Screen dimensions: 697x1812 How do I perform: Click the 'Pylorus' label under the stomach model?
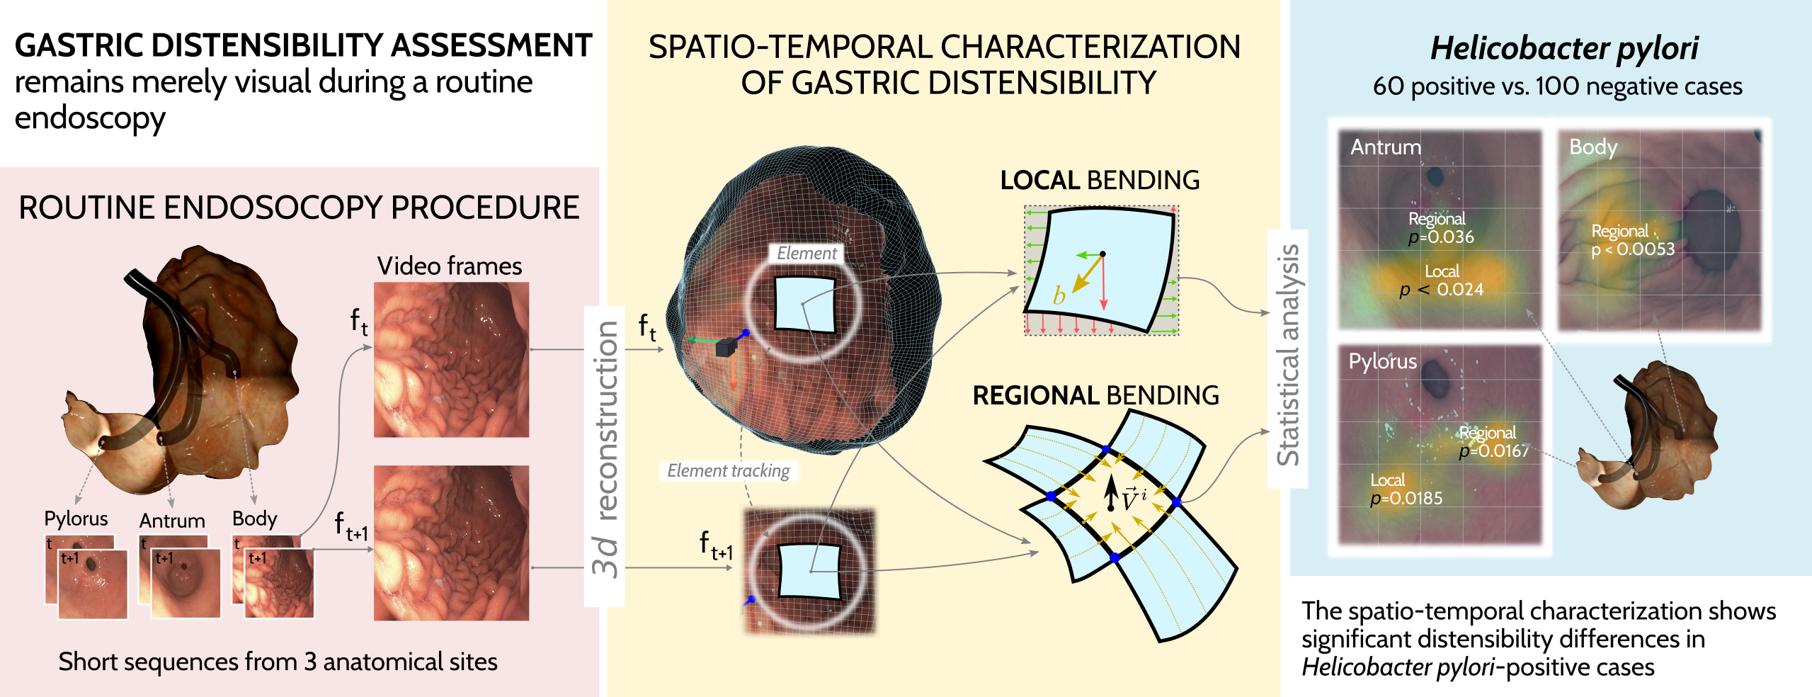point(76,518)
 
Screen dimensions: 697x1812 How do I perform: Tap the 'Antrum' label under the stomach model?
point(172,521)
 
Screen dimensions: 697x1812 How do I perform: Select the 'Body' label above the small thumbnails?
point(254,518)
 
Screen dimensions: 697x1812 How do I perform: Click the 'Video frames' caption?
point(449,266)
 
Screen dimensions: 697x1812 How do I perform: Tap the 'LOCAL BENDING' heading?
point(1100,180)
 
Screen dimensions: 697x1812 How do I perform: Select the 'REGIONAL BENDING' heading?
point(1095,395)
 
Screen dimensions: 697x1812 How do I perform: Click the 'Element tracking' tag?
point(728,470)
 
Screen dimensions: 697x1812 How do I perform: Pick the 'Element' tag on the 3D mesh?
point(807,253)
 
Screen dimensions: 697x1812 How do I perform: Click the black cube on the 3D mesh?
point(726,347)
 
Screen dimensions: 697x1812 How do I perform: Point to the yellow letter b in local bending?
point(1059,295)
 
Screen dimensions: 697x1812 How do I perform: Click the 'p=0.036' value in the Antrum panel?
point(1441,237)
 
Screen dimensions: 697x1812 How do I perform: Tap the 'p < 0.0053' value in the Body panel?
point(1633,249)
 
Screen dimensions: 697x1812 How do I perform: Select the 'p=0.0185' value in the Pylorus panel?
point(1406,498)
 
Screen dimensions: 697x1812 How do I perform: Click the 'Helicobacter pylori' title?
point(1564,48)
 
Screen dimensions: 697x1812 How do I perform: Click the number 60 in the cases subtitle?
point(1386,86)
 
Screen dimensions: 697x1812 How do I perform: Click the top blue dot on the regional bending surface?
point(1105,450)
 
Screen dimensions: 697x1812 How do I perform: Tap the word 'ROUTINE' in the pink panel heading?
point(85,208)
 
